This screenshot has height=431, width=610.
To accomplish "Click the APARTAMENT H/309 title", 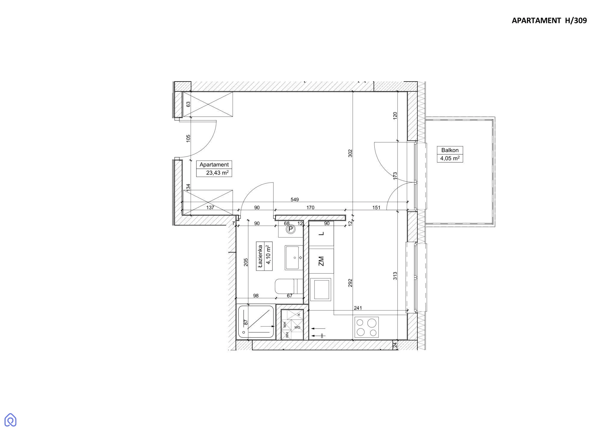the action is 549,21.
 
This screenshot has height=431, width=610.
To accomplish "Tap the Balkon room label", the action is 450,150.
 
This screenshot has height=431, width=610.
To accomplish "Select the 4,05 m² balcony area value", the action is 450,158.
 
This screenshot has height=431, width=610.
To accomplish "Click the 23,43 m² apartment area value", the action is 217,173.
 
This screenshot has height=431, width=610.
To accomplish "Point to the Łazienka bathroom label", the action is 260,257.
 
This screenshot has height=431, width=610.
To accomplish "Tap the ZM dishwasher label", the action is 321,261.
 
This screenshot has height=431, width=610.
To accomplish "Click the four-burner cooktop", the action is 366,327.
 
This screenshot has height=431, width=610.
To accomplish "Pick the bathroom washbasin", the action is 294,258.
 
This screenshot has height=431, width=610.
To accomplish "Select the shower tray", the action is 256,322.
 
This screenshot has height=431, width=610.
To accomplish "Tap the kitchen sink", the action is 321,289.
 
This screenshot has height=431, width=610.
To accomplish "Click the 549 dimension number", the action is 295,200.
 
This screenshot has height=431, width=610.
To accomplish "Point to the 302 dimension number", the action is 350,153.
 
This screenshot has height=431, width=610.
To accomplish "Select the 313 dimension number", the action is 395,276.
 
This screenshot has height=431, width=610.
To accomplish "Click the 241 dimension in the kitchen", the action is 358,308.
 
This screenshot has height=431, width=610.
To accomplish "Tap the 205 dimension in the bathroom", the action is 246,262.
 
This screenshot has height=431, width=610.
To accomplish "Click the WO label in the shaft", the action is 297,327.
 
